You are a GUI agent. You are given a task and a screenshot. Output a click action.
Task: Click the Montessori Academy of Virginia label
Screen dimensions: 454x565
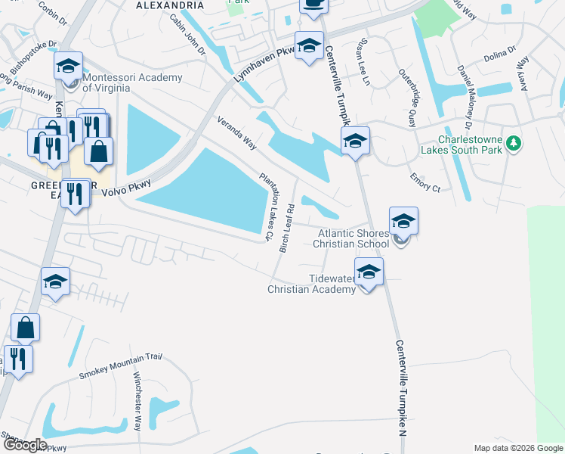point(132,82)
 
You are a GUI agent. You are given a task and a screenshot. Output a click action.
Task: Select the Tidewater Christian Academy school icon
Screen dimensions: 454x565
point(369,272)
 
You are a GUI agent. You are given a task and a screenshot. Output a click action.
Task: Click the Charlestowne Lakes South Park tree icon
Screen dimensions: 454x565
point(514,143)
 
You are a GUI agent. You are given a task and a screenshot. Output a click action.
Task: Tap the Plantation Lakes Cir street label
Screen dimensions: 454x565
point(266,206)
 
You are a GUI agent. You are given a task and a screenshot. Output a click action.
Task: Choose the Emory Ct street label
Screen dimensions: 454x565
point(425,182)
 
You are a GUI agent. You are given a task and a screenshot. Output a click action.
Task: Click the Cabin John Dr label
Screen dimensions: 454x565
point(187,34)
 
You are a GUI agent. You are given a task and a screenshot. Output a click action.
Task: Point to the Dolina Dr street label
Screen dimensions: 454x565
point(500,51)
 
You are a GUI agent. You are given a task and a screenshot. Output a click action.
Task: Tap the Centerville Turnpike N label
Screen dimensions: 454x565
point(401,387)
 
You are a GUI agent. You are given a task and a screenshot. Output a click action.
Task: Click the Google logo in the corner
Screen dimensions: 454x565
point(25,445)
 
